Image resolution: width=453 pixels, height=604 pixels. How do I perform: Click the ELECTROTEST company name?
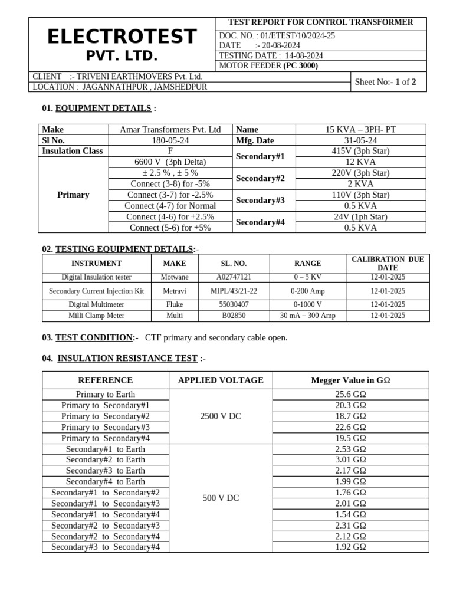[x=121, y=37]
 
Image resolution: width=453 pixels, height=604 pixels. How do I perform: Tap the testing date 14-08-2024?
[x=304, y=56]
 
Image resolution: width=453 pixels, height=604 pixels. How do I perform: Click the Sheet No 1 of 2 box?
[x=386, y=82]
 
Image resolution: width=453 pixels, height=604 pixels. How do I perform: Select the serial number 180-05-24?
[x=170, y=140]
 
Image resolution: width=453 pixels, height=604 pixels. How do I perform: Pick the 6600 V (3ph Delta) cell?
[x=170, y=162]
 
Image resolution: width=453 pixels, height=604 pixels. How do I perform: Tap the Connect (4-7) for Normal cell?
[x=170, y=206]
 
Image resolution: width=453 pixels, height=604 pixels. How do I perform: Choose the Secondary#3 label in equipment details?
[x=260, y=201]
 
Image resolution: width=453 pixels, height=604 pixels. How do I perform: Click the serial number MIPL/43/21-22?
[x=234, y=291]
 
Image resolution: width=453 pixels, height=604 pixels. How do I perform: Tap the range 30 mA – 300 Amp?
[x=307, y=316]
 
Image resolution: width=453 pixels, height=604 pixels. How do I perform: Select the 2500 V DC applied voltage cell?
[x=221, y=416]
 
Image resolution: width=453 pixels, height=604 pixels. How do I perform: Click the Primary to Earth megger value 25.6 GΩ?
[x=350, y=394]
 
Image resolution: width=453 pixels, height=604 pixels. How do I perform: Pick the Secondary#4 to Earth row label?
[x=106, y=481]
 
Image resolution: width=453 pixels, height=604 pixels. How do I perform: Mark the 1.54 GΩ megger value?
[x=350, y=514]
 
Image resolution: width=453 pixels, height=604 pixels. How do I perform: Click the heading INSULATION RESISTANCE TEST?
[x=127, y=358]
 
